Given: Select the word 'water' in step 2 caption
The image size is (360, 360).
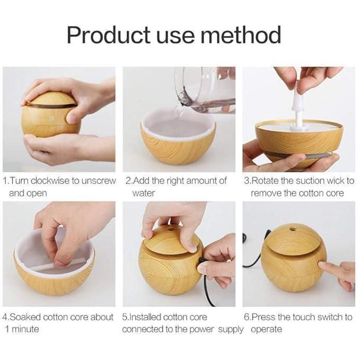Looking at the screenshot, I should pyautogui.click(x=144, y=193).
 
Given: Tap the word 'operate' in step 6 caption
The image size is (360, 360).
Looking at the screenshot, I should pyautogui.click(x=267, y=329).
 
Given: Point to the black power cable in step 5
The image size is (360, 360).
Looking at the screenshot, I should pyautogui.click(x=207, y=286).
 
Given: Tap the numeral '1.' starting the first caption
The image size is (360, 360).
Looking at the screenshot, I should pyautogui.click(x=6, y=181).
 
